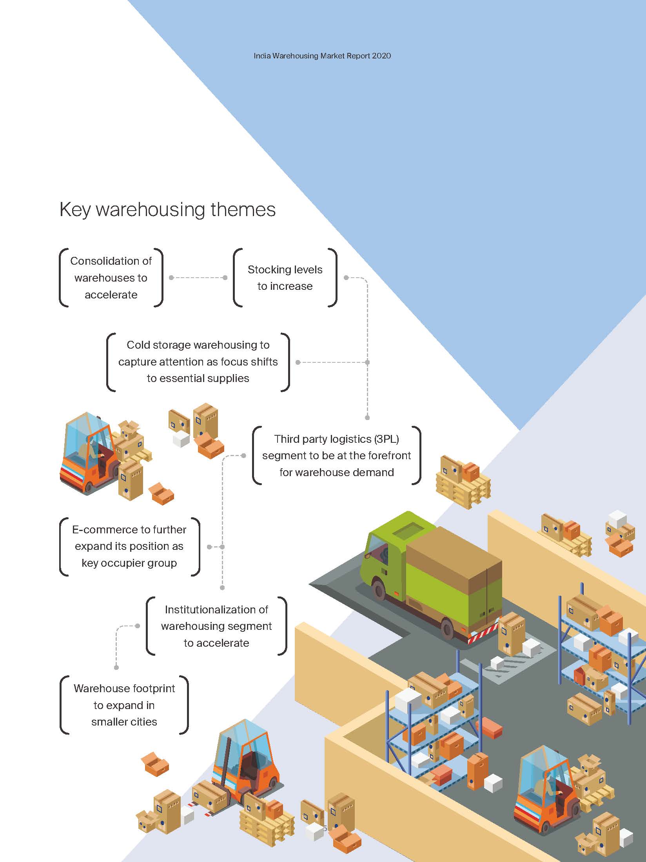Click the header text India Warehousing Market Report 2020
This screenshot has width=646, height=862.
[x=322, y=56]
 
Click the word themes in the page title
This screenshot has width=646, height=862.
[x=243, y=209]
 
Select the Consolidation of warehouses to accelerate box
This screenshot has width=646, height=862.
[x=111, y=278]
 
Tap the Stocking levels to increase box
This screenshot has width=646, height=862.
[x=285, y=278]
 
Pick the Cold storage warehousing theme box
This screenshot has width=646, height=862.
[x=198, y=362]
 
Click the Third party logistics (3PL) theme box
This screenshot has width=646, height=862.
[x=336, y=455]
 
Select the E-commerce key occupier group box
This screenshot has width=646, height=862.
[x=129, y=546]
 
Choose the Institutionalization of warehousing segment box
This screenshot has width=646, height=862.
[x=216, y=626]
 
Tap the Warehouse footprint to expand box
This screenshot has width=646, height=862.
[x=124, y=705]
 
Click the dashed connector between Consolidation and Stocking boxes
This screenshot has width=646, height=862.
[x=198, y=278]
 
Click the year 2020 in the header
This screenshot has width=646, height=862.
[x=381, y=56]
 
